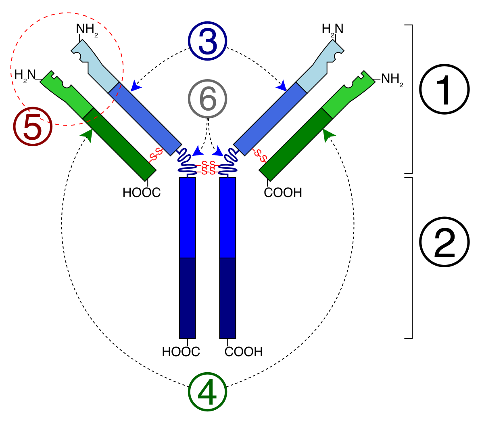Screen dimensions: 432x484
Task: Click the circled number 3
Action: pyautogui.click(x=208, y=42)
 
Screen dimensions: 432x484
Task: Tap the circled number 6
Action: pyautogui.click(x=208, y=99)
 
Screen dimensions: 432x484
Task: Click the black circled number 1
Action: pyautogui.click(x=444, y=90)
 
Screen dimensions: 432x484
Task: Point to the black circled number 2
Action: pyautogui.click(x=444, y=242)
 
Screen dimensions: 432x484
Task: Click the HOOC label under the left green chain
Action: pyautogui.click(x=142, y=193)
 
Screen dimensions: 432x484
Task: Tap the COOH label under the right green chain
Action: pyautogui.click(x=283, y=193)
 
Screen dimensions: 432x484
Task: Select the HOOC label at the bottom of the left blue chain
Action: pyautogui.click(x=181, y=352)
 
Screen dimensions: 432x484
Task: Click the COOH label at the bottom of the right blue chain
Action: pyautogui.click(x=244, y=352)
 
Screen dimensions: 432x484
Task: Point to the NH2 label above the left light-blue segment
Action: pyautogui.click(x=87, y=29)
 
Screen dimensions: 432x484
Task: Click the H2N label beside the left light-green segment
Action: pyautogui.click(x=25, y=75)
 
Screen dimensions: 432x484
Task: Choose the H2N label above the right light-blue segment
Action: pyautogui.click(x=333, y=29)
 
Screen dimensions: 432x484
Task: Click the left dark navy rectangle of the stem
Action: pyautogui.click(x=188, y=298)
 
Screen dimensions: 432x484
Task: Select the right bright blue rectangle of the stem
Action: pyautogui.click(x=227, y=217)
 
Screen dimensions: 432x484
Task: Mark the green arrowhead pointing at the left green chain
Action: pyautogui.click(x=87, y=135)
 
